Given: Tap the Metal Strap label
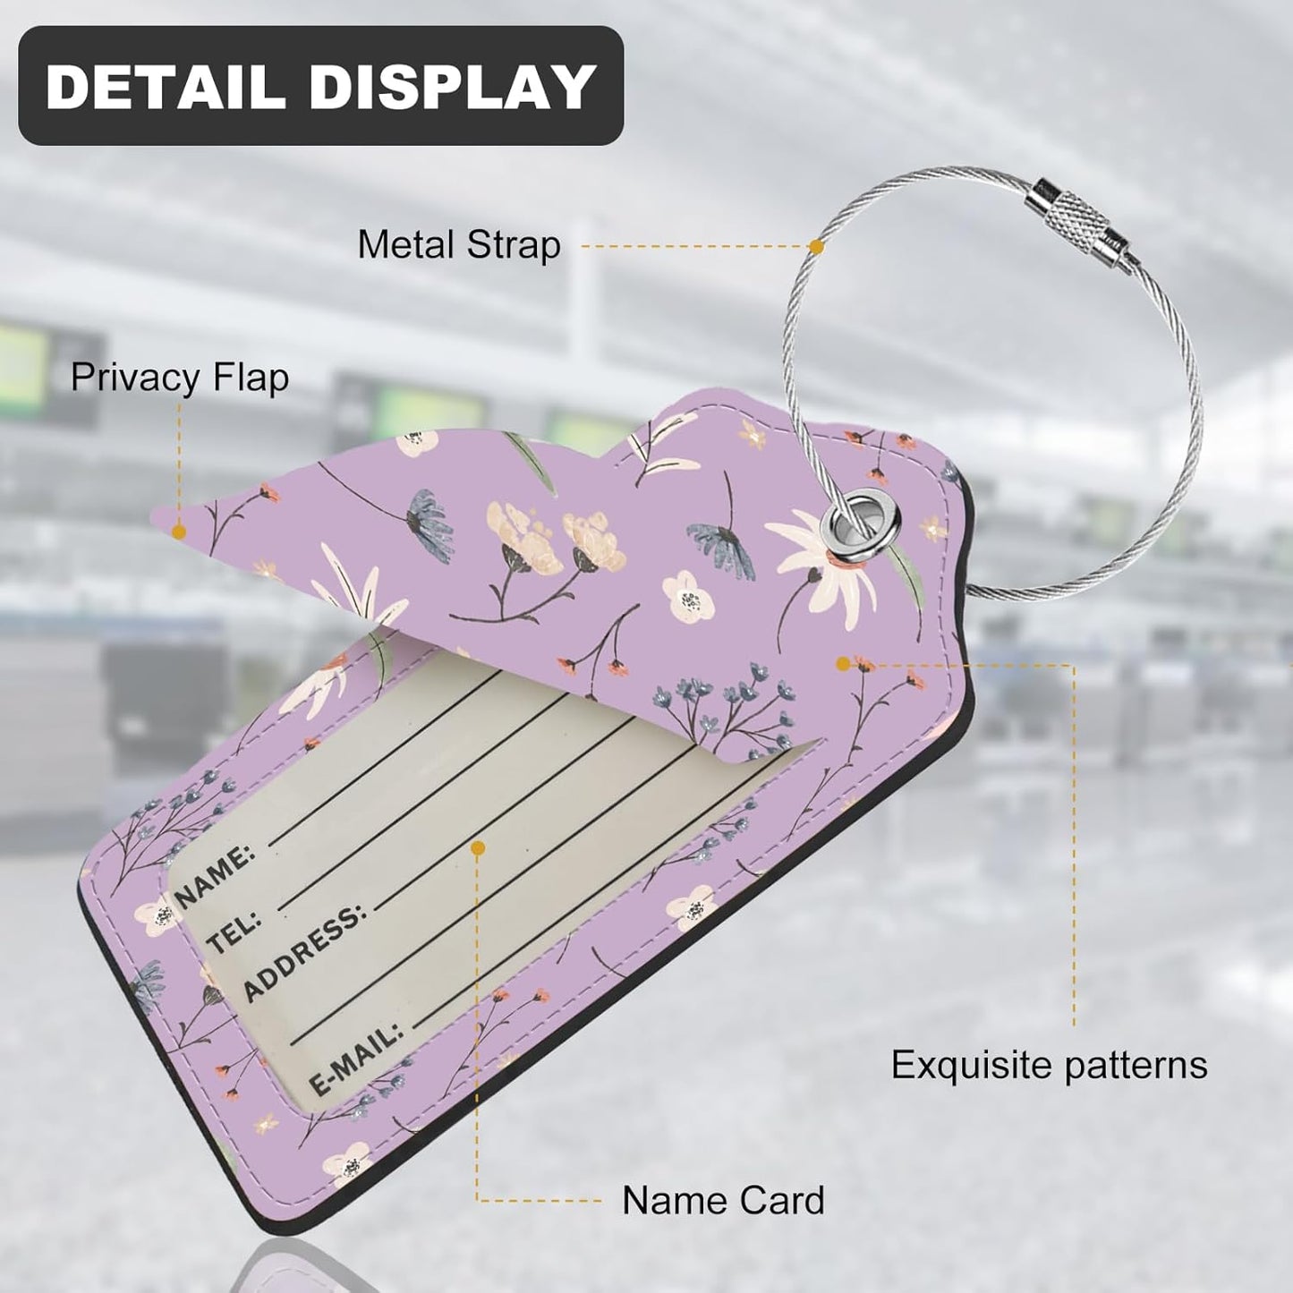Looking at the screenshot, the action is pos(459,245).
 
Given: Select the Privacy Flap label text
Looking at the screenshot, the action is pos(180,379).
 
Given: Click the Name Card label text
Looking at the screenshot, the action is pos(723,1201).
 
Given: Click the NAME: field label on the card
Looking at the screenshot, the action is pos(215,876).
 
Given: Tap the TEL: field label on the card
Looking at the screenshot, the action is pos(234,932).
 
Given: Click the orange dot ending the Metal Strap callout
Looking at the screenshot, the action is pos(816,246).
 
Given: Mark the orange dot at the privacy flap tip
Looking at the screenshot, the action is pos(178,532).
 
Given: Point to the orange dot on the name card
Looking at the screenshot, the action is pos(479,849).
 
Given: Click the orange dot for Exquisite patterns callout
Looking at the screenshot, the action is pos(843,664).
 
